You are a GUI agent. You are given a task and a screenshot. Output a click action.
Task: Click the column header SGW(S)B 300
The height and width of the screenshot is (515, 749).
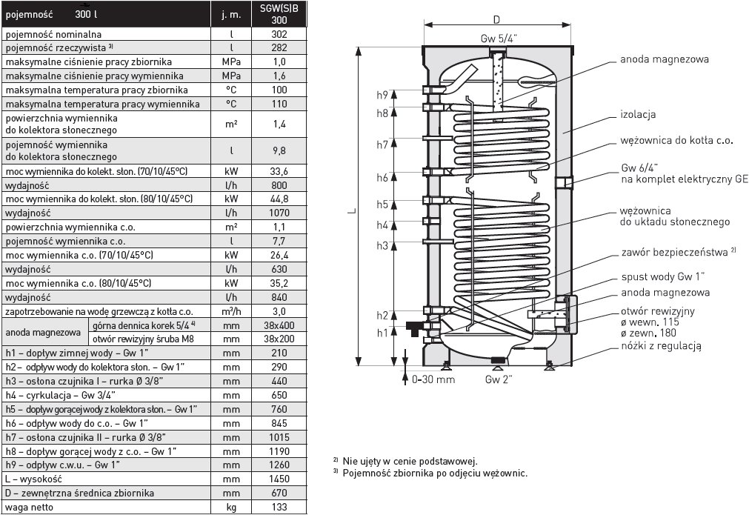click(279, 14)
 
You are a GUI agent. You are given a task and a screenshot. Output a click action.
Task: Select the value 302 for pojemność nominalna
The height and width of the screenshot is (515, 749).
click(279, 34)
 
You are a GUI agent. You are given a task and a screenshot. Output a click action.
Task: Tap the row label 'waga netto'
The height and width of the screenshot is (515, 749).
click(30, 506)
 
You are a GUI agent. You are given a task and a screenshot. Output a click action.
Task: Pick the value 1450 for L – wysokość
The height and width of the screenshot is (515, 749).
click(279, 479)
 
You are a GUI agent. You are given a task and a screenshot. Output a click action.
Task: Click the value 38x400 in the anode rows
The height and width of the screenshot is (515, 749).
click(279, 325)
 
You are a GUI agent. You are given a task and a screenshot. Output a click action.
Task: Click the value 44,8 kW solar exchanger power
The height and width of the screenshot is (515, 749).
click(279, 199)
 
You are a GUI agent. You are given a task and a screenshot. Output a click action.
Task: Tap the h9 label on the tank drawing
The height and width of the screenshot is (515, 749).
click(382, 95)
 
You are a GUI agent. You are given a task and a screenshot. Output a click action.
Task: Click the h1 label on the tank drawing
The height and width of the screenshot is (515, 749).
click(382, 333)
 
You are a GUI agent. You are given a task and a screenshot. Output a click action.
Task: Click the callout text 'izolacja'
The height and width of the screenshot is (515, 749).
click(638, 115)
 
